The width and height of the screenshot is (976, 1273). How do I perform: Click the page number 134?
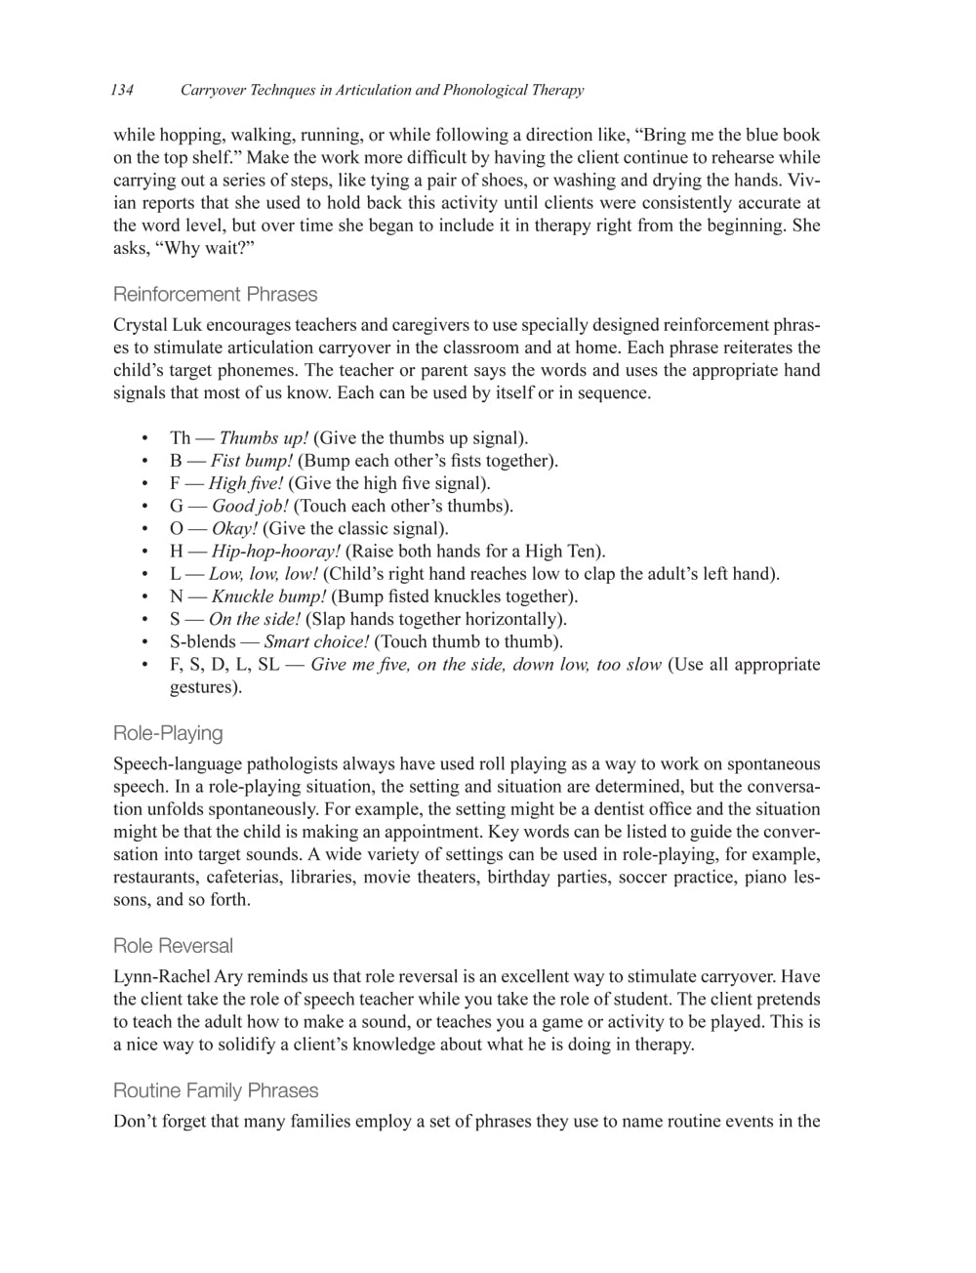pos(122,91)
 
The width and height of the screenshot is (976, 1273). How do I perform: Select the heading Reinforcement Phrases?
pos(215,294)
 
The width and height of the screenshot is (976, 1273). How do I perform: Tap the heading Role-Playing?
pos(168,733)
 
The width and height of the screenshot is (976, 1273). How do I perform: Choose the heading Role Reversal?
pos(173,946)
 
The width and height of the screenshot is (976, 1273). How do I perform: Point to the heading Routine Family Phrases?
pos(216,1090)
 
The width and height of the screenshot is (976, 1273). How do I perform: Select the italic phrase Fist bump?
pos(252,461)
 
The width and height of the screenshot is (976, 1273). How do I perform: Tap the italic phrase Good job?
pos(250,506)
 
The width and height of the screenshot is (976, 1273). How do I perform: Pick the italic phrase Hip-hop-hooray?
pos(275,552)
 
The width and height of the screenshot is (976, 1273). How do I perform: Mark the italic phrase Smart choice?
pos(316,642)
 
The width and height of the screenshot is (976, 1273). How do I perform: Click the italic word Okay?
pos(234,529)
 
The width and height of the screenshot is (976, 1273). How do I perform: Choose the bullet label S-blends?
pos(202,642)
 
